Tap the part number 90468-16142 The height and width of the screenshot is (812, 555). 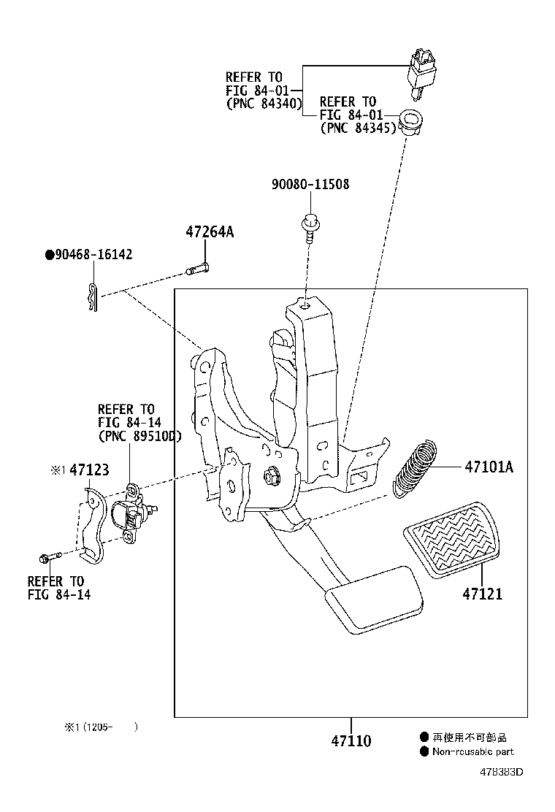coord(93,254)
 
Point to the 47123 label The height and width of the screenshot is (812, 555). coord(90,470)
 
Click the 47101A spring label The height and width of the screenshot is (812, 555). coord(489,467)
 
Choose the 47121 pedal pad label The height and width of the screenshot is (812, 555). coord(482,594)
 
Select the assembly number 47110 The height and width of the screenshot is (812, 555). coord(351,741)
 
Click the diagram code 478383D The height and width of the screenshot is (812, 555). coord(502,772)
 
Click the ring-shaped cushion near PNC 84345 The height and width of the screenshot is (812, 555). coord(412,120)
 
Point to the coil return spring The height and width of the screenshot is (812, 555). coord(416,467)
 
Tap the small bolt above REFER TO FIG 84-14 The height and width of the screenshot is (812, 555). coord(45,559)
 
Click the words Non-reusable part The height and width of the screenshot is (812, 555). coord(472,751)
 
